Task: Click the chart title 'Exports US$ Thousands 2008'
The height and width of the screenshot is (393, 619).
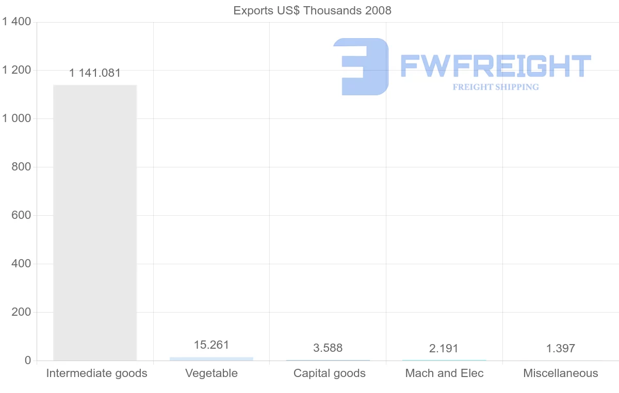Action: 312,10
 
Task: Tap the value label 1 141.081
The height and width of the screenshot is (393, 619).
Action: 95,73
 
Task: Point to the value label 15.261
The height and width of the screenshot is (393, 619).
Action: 211,345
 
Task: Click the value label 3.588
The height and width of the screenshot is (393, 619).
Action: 328,348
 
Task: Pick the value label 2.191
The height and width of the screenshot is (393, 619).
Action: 444,348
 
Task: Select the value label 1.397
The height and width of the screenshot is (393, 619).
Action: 561,348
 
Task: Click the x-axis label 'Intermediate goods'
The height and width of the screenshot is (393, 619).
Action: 97,373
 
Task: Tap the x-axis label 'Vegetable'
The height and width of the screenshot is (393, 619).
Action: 211,373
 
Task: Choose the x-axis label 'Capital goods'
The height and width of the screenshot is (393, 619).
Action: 330,373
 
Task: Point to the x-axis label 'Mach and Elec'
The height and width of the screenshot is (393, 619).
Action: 445,373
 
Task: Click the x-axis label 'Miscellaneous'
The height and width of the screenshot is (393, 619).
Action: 561,373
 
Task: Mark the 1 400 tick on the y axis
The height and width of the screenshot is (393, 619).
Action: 17,22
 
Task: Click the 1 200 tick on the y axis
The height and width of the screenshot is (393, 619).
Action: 17,70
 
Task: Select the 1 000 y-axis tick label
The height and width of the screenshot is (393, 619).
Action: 17,118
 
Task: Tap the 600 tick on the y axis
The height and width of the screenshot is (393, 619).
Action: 21,215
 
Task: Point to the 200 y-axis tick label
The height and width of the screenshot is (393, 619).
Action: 21,312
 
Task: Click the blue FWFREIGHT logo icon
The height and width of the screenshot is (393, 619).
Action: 361,66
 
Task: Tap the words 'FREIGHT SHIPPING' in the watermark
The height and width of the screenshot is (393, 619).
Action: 496,87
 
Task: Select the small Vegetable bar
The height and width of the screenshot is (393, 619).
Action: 211,358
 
